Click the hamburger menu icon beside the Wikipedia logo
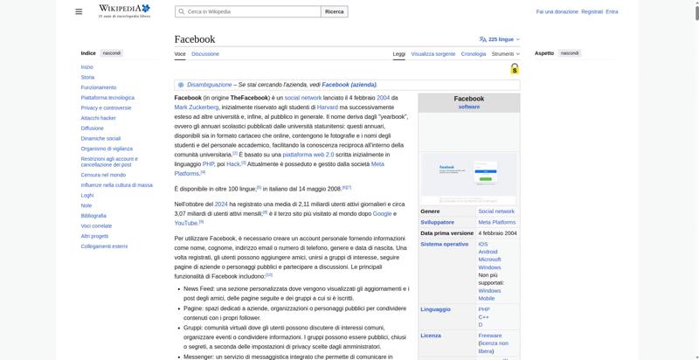click(x=79, y=12)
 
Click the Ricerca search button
click(x=334, y=12)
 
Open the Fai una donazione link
click(x=557, y=12)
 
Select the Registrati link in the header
click(x=592, y=12)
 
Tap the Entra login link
click(x=612, y=12)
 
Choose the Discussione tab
click(x=205, y=53)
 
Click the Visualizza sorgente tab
click(x=433, y=53)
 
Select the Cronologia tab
click(x=474, y=53)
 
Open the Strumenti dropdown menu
click(x=505, y=53)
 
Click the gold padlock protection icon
click(x=515, y=69)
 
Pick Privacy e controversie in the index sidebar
click(x=106, y=107)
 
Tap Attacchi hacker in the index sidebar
click(x=98, y=118)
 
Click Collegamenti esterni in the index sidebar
click(x=104, y=246)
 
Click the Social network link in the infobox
click(x=495, y=211)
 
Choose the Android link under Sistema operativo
click(x=488, y=252)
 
